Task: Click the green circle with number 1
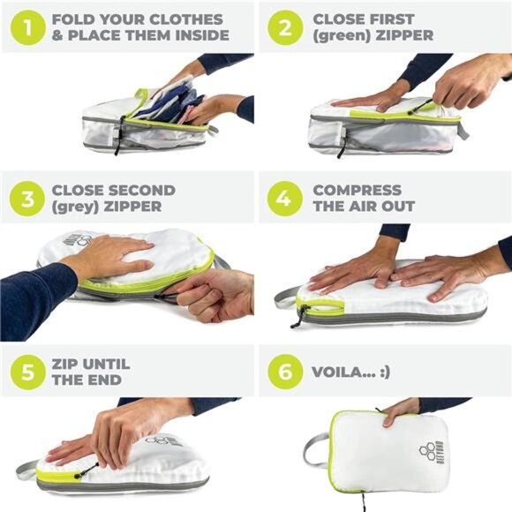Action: click(27, 27)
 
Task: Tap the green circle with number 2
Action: click(285, 27)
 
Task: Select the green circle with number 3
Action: click(27, 199)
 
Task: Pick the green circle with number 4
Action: click(285, 199)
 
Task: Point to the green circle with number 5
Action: click(27, 372)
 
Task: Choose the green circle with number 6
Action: click(285, 372)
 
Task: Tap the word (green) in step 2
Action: click(342, 35)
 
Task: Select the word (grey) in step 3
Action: click(75, 207)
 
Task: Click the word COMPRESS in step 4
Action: click(358, 191)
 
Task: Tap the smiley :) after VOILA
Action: click(385, 373)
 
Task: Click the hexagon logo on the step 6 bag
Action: click(427, 452)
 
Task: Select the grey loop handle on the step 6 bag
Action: click(316, 451)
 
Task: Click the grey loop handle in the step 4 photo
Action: click(286, 297)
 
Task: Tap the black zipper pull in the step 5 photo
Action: click(87, 471)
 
